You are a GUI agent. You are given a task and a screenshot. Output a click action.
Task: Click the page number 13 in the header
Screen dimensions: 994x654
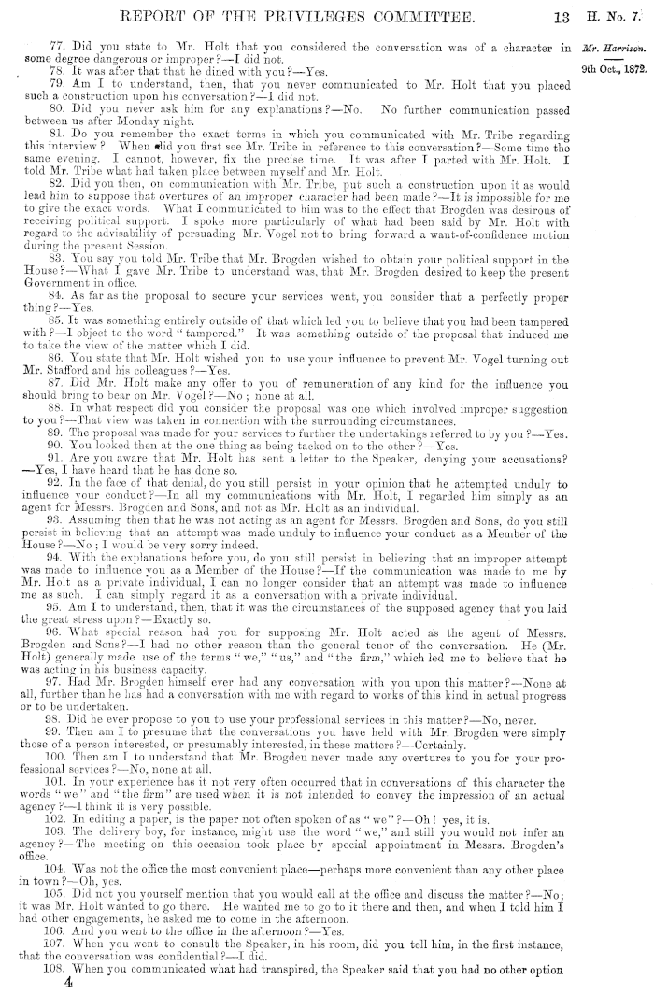pyautogui.click(x=562, y=16)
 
